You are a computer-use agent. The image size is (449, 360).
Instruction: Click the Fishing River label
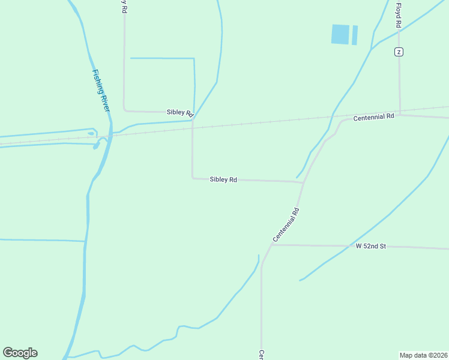(101, 90)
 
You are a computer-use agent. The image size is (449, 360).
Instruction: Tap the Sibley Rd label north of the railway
(180, 113)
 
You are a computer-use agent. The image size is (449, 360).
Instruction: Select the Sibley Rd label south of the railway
(223, 179)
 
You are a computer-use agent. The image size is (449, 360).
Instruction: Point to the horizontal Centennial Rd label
(373, 117)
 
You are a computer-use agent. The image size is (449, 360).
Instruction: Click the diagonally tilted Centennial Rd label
(286, 225)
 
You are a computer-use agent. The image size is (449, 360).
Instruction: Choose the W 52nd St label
(370, 246)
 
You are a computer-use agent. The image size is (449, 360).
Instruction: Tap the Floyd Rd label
(398, 14)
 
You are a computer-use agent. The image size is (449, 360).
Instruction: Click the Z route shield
(399, 52)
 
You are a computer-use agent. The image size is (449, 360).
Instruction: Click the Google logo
(20, 353)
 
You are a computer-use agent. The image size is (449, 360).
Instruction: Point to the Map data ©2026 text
(423, 355)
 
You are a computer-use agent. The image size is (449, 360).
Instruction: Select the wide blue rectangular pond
(340, 34)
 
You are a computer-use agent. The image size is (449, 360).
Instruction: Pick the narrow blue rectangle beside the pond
(354, 35)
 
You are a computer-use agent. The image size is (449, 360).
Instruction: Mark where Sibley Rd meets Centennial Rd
(303, 182)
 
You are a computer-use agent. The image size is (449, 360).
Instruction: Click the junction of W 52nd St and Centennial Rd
(271, 244)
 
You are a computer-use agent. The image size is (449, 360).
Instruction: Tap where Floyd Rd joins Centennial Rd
(400, 115)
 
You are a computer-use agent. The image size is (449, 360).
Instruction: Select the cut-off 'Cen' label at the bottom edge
(262, 355)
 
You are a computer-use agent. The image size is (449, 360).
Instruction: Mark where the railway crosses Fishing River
(110, 135)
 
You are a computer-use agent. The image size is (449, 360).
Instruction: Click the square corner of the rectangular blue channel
(194, 59)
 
